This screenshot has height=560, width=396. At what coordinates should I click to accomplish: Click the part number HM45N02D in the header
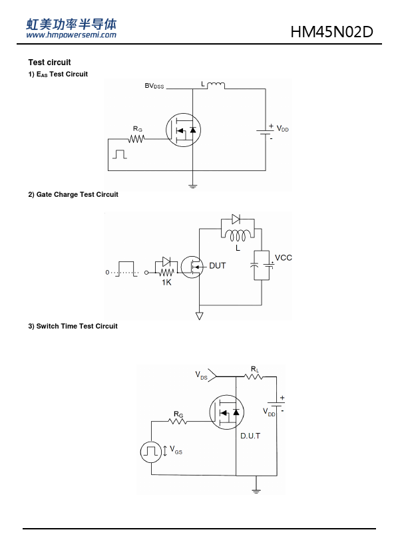click(331, 32)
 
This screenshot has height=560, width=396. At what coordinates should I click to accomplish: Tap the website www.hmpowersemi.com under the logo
click(71, 35)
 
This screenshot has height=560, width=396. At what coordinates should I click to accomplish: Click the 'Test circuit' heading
click(50, 63)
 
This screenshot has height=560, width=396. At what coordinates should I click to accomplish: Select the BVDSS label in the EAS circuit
click(154, 86)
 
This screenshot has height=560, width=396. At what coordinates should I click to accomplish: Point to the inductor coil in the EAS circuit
click(216, 85)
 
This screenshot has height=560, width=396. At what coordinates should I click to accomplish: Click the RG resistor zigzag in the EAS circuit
click(136, 138)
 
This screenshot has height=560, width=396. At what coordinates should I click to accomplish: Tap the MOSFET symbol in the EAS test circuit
click(183, 130)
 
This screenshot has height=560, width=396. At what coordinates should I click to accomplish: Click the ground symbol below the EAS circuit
click(192, 186)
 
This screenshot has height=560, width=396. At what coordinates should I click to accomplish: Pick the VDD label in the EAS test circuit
click(282, 129)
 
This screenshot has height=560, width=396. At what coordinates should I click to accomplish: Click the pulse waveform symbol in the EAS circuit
click(120, 154)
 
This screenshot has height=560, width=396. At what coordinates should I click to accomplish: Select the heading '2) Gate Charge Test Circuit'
click(73, 195)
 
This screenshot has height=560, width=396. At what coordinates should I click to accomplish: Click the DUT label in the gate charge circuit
click(217, 266)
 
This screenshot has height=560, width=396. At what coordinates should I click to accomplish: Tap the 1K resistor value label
click(166, 283)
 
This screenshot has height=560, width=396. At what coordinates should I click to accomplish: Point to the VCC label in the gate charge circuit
click(284, 258)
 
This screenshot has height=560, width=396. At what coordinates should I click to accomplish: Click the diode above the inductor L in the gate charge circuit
click(236, 219)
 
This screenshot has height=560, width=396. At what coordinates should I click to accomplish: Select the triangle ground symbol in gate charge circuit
click(200, 316)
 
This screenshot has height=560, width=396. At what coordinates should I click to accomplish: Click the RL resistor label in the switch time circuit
click(255, 369)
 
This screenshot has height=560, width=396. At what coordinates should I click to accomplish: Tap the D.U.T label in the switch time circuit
click(250, 436)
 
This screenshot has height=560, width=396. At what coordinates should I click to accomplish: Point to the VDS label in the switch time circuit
click(201, 375)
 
